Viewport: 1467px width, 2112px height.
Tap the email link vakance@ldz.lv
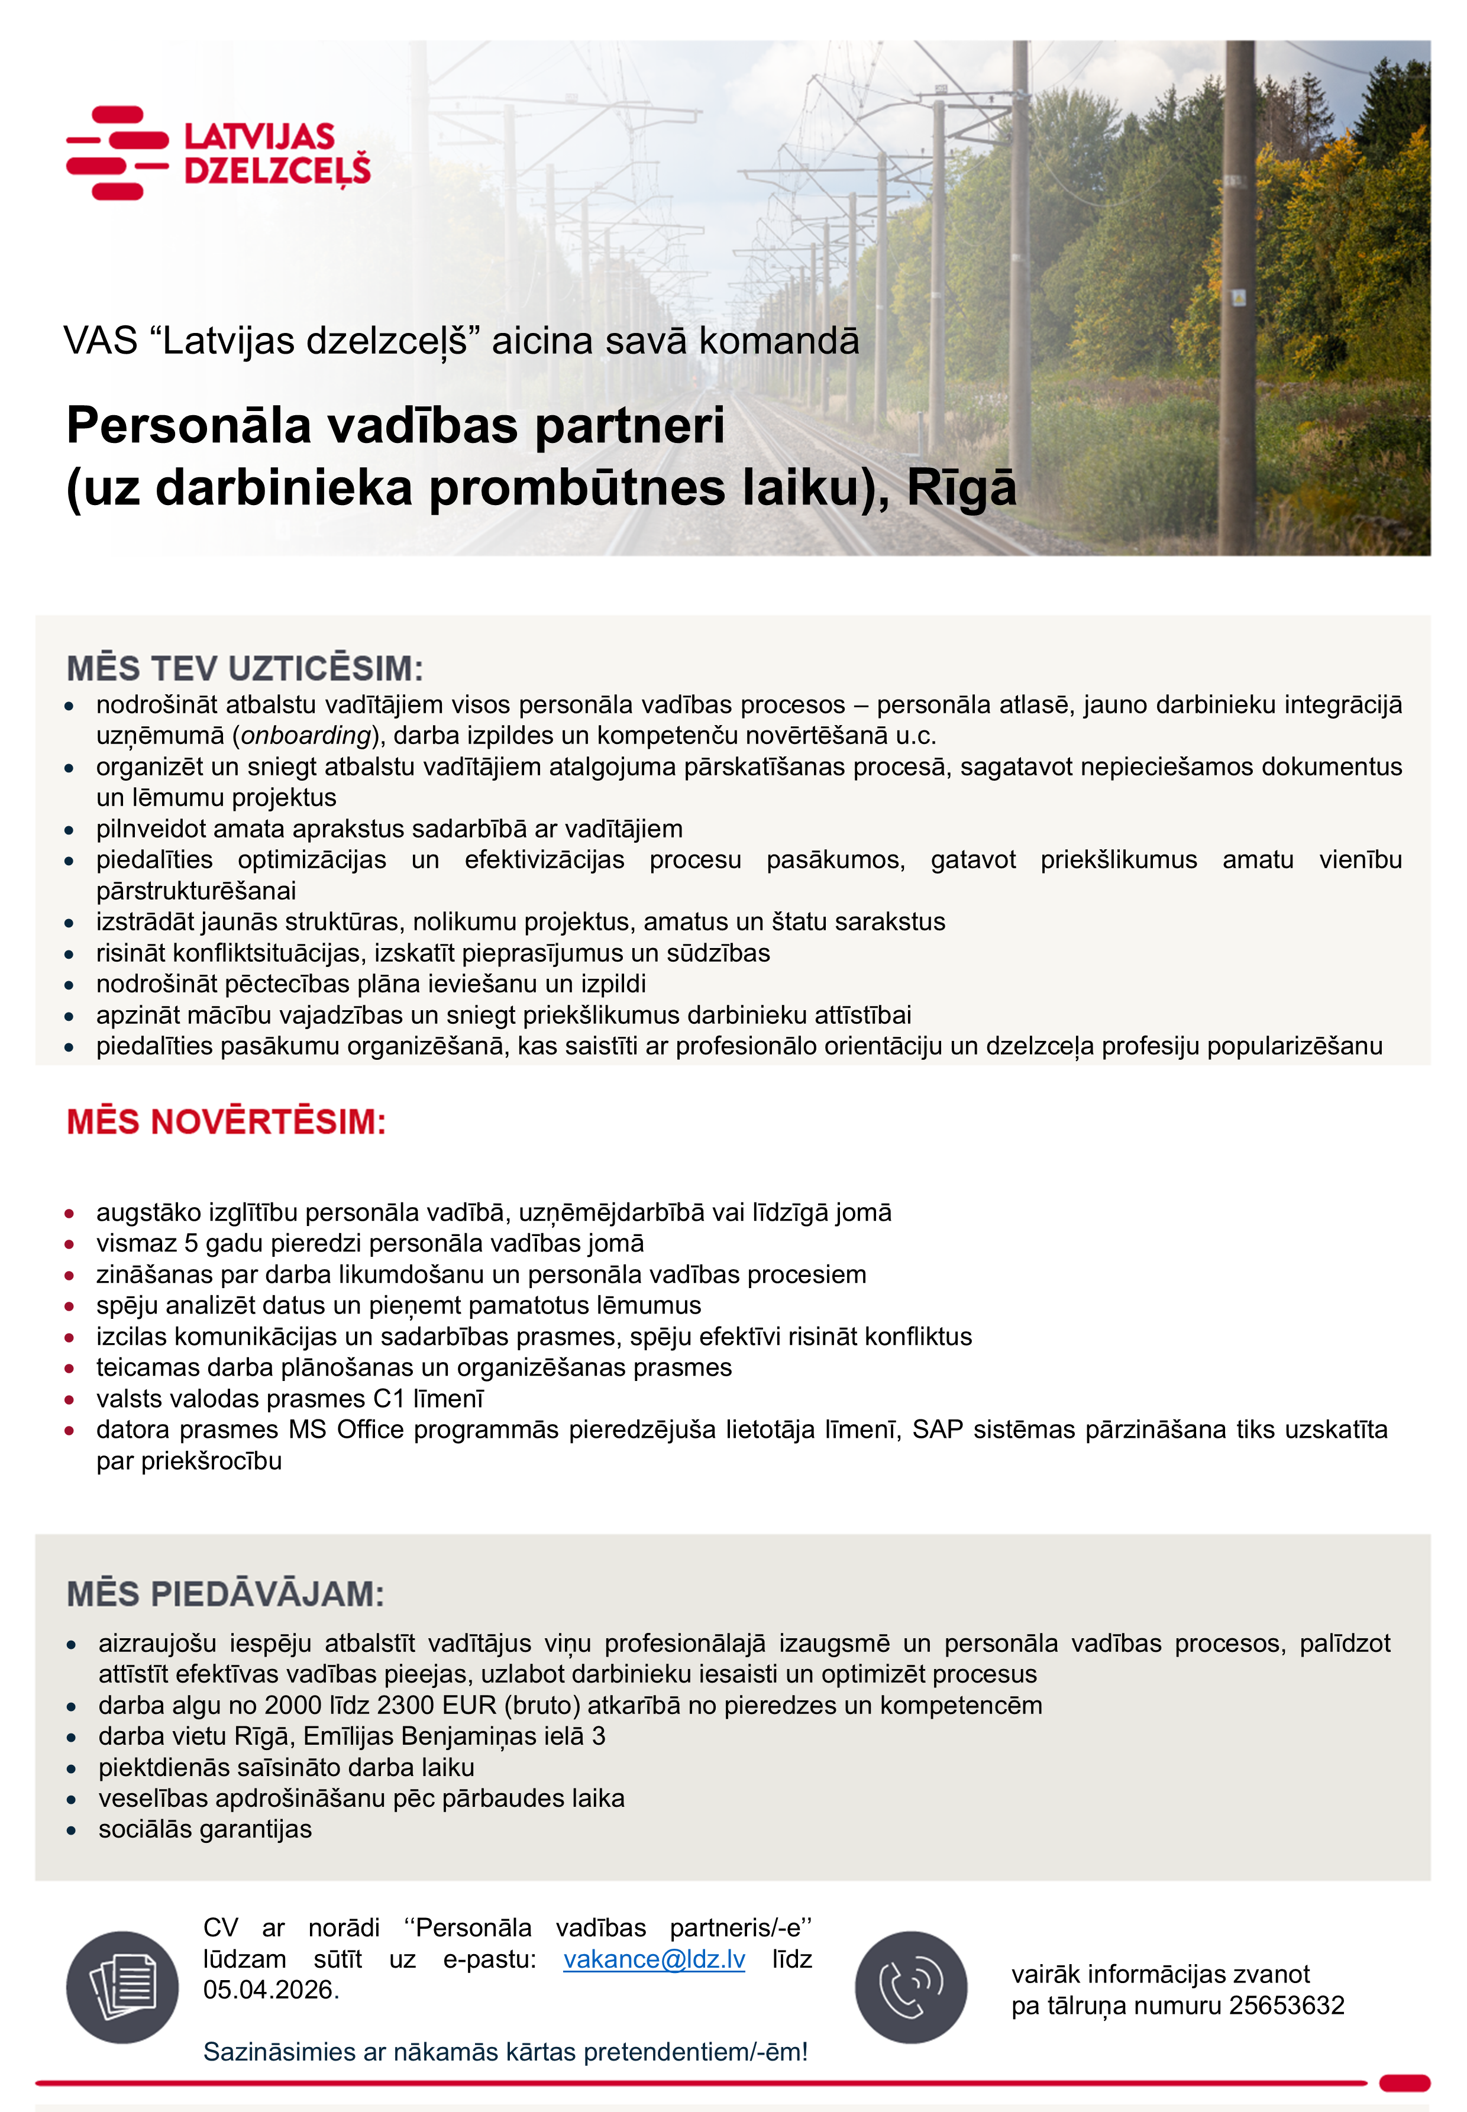tap(654, 1959)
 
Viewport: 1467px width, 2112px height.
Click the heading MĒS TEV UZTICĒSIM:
tap(244, 668)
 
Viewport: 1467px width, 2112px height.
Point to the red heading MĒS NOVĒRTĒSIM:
tap(226, 1121)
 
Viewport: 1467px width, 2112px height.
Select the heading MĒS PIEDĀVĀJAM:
tap(225, 1594)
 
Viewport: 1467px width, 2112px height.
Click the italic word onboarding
tap(306, 735)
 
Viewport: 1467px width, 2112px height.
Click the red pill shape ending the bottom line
tap(1404, 2082)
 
